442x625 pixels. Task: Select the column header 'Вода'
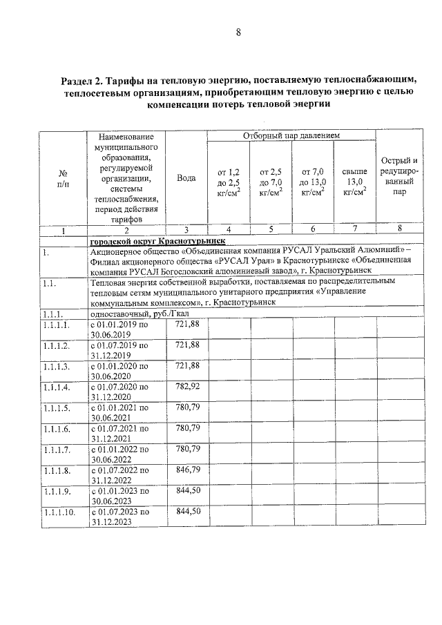(186, 178)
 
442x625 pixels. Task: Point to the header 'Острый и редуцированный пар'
(399, 177)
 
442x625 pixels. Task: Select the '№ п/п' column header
(63, 178)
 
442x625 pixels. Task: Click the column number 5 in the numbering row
(270, 230)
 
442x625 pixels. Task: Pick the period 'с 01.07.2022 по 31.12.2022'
(119, 474)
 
